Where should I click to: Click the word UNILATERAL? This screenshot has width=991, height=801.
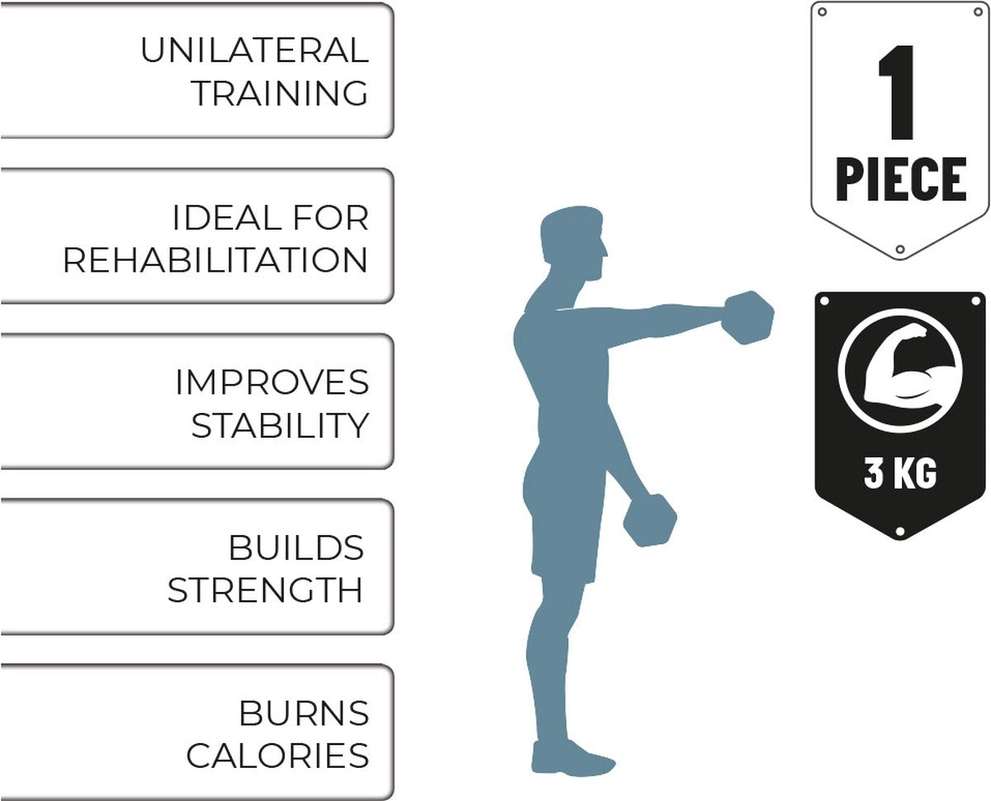pos(254,50)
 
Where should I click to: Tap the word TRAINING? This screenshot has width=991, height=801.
pos(280,93)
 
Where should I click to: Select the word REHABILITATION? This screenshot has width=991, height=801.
pos(216,260)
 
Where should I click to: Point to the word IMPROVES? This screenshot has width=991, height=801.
pos(273,382)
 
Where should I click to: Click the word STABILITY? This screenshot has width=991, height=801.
pos(280,425)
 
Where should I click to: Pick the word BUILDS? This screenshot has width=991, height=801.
pos(296,547)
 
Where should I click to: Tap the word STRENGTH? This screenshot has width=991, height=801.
pos(265,590)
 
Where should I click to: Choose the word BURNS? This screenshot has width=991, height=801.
pos(304,713)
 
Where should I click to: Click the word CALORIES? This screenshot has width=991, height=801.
pos(277,756)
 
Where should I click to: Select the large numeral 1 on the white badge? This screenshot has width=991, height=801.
pos(897,92)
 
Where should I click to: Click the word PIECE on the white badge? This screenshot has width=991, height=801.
pos(901,179)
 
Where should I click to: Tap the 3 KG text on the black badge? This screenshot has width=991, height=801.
pos(900,472)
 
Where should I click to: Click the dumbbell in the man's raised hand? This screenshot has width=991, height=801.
pos(747,318)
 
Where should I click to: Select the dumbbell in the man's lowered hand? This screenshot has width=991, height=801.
pos(649,520)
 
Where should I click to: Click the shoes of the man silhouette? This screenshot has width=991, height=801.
pos(573,759)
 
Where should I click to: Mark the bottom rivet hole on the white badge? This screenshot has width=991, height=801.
pos(900,249)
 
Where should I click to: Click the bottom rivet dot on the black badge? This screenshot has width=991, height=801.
pos(900,531)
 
